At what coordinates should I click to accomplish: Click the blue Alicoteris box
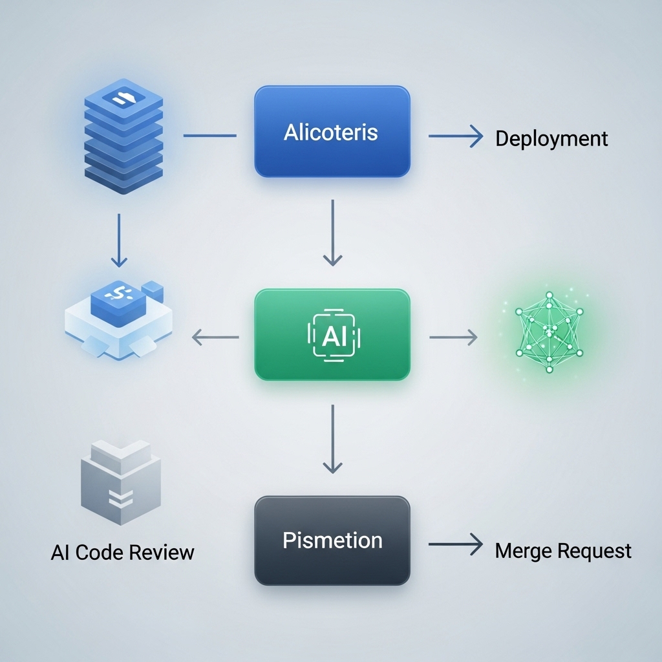click(x=332, y=132)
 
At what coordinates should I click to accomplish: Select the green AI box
click(x=332, y=334)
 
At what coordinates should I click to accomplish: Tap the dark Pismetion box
click(x=332, y=540)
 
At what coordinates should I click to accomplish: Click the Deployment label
click(x=551, y=138)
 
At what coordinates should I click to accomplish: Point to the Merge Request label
click(x=562, y=551)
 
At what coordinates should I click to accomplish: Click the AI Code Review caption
click(x=122, y=553)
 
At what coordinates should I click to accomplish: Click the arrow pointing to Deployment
click(x=455, y=136)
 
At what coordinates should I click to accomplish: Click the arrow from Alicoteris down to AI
click(x=332, y=233)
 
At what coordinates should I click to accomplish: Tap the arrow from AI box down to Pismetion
click(x=332, y=438)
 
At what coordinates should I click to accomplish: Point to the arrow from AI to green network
click(x=453, y=336)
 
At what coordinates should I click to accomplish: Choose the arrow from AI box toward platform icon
click(x=216, y=336)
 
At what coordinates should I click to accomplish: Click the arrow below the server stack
click(x=119, y=240)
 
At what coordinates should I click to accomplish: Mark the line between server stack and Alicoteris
click(x=210, y=136)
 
